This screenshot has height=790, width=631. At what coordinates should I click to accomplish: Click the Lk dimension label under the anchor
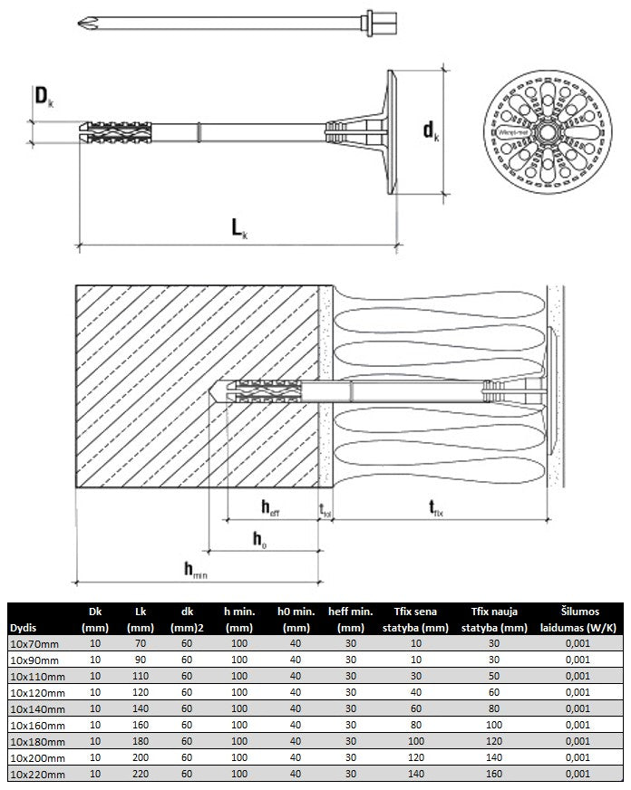[238, 228]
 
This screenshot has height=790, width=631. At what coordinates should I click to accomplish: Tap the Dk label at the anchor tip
[43, 96]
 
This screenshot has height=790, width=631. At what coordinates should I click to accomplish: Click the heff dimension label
[269, 507]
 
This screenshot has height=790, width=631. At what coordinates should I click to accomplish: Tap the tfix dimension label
[435, 508]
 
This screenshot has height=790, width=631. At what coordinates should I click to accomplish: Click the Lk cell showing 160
[140, 725]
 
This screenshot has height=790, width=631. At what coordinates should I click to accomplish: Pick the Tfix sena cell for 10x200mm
[416, 757]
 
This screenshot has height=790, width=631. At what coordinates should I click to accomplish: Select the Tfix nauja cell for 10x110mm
[494, 676]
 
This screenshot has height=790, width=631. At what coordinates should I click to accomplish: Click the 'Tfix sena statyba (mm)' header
[416, 620]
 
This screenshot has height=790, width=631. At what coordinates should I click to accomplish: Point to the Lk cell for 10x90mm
[140, 660]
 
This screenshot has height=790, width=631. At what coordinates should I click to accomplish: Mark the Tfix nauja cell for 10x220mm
[494, 774]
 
